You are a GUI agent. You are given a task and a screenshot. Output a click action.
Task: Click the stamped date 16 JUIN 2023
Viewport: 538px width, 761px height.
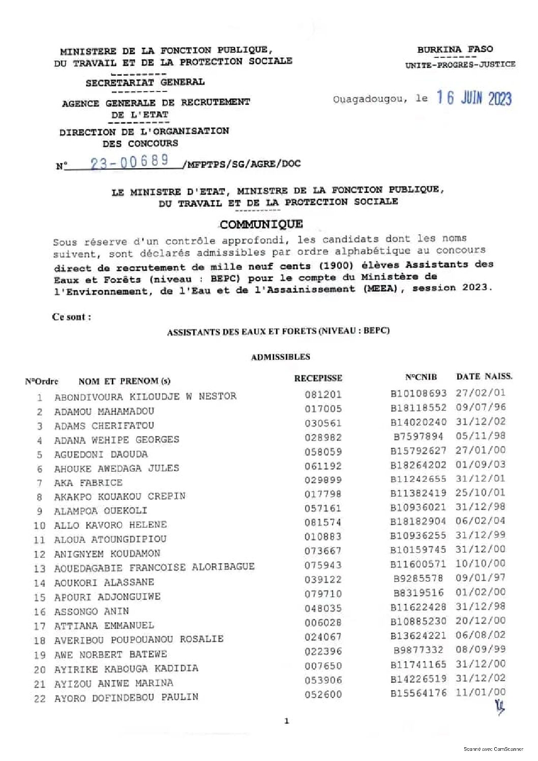coord(473,98)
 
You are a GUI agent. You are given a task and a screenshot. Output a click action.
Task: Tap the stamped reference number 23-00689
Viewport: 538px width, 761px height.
coord(130,162)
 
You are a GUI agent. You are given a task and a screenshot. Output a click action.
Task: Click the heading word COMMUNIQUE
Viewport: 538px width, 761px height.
coord(261,224)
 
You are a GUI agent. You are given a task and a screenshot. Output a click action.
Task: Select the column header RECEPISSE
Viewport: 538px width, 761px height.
coord(318,378)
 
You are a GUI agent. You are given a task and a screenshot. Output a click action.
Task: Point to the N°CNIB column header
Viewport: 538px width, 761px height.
coord(421,377)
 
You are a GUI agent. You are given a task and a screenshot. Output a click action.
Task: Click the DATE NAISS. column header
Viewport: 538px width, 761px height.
coord(484,377)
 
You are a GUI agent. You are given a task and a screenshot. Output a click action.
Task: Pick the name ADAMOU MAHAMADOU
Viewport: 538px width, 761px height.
coord(104,411)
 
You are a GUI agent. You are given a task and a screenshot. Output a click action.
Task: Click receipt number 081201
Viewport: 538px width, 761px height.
coord(323,394)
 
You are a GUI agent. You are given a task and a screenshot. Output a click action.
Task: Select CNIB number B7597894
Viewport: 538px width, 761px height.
coord(418,436)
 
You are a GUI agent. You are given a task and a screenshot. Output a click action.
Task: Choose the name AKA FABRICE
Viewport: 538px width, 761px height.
coord(88,482)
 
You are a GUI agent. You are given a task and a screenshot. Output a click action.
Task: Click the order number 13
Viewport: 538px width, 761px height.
coord(39,569)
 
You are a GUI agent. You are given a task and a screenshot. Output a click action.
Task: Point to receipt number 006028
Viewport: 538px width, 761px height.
coord(323,622)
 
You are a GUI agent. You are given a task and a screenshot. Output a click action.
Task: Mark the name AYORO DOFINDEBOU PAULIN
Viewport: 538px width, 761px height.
coord(126,697)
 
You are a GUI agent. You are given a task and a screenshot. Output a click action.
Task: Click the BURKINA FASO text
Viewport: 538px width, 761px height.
coord(455,49)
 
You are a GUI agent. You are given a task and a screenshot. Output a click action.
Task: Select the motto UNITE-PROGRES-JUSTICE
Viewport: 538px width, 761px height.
coord(460,65)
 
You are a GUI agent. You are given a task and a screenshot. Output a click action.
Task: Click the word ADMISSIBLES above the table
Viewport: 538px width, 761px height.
coord(280,357)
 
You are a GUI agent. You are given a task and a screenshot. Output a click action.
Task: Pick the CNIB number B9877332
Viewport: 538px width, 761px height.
coord(418,650)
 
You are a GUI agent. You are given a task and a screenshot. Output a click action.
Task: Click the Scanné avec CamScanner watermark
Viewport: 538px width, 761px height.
coord(493,749)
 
